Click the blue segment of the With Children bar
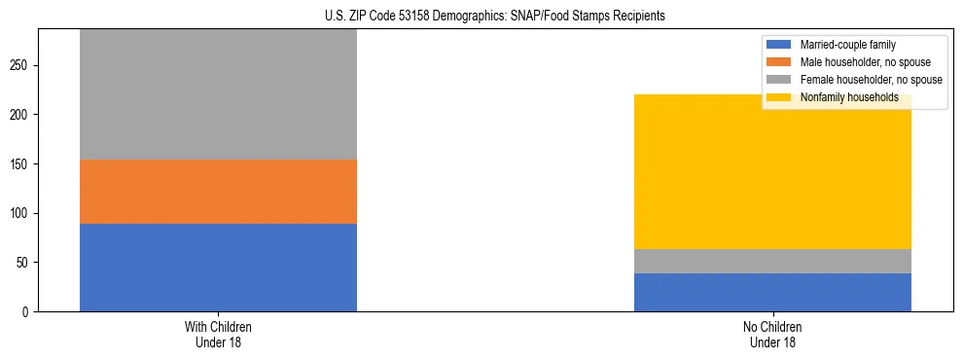(x=218, y=268)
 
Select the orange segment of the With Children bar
(x=218, y=192)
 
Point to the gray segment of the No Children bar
(x=772, y=261)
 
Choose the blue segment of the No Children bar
(x=772, y=292)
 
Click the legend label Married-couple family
(x=847, y=45)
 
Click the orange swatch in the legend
(x=780, y=62)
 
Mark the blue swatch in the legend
(x=780, y=45)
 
